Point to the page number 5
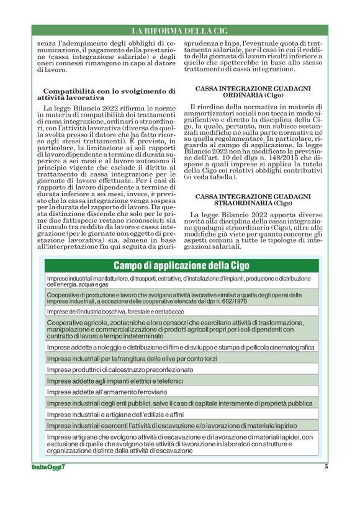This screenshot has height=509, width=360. [326, 467]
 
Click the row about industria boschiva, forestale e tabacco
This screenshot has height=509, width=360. [115, 311]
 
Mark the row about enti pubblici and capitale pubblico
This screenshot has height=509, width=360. [181, 403]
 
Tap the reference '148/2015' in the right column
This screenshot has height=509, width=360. [288, 156]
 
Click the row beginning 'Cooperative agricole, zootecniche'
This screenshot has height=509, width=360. [181, 329]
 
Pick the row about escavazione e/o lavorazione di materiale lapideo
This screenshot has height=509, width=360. [181, 425]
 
